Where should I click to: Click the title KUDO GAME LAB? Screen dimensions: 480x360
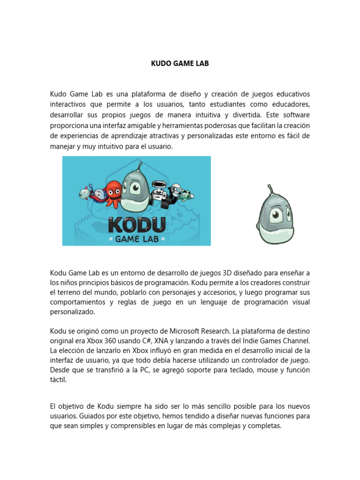(180, 63)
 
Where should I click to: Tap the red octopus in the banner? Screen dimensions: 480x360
(112, 192)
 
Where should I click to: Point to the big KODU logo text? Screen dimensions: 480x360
(136, 225)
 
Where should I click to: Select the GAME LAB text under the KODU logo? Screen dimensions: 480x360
(136, 240)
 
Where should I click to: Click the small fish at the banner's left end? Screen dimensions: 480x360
(85, 191)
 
